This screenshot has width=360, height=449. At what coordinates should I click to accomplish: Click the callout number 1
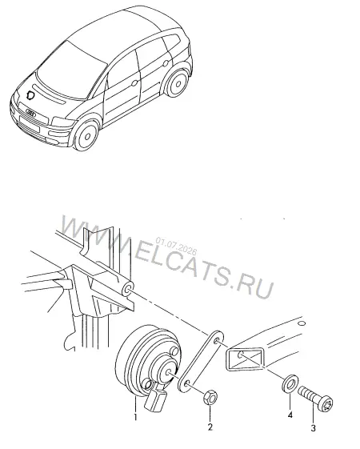135,417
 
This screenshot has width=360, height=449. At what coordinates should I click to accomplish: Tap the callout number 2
210,427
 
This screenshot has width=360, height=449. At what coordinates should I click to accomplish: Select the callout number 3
314,428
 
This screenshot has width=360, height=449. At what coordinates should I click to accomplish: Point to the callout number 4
290,415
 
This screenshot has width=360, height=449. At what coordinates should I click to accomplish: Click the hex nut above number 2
210,397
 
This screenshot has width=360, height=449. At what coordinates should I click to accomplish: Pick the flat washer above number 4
290,383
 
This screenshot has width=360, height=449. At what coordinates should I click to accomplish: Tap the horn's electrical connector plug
155,399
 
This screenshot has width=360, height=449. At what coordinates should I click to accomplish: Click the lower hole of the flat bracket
187,383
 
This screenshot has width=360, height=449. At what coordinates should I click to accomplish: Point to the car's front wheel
86,135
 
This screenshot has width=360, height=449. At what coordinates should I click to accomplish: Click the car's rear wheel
177,83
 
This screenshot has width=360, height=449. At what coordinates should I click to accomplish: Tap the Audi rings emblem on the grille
30,113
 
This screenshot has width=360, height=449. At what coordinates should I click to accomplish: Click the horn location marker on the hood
30,95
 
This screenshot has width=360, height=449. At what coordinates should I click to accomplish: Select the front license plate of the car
29,124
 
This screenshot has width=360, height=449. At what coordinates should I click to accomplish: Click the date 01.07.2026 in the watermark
176,246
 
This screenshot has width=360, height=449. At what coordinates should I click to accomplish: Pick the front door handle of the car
134,83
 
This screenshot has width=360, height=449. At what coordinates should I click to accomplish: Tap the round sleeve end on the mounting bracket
128,289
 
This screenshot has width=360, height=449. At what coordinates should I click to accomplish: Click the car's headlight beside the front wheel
63,122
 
